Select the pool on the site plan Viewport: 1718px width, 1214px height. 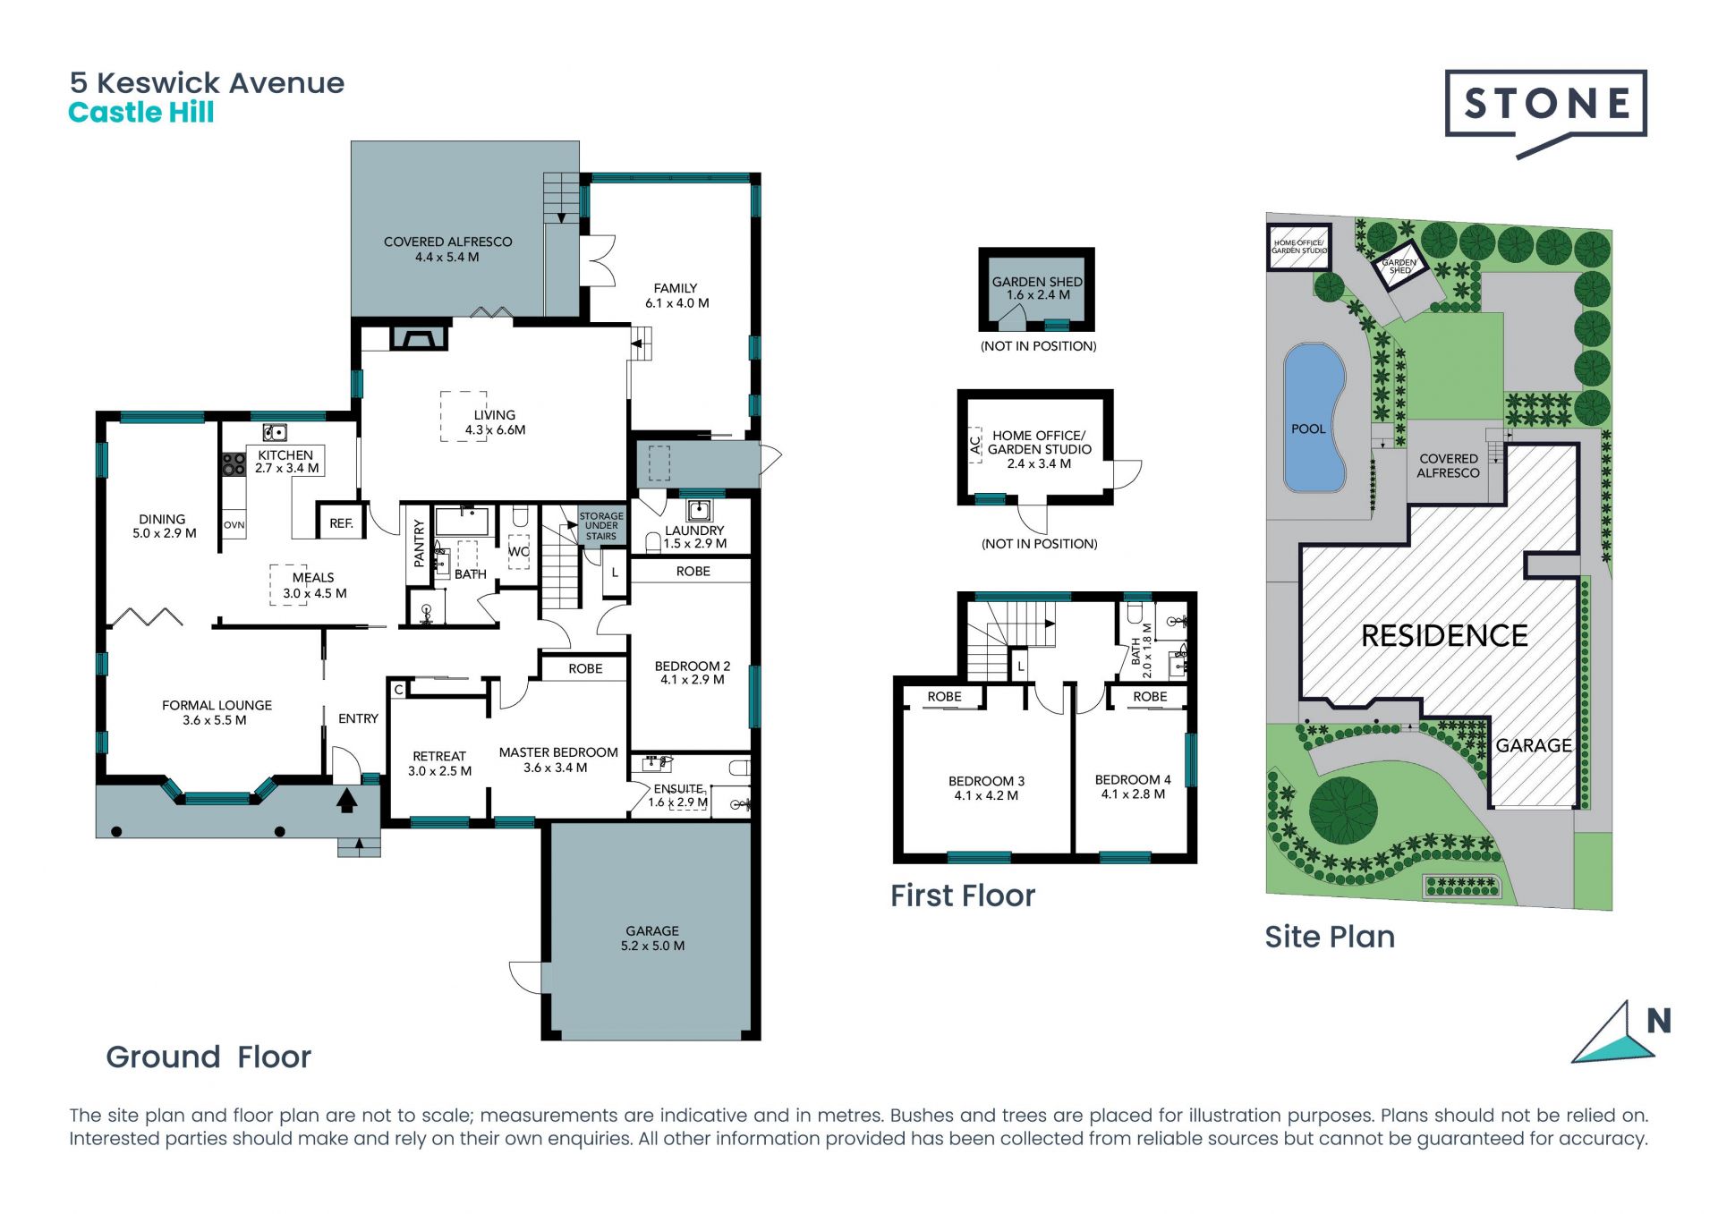1314,418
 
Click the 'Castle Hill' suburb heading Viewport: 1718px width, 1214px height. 141,113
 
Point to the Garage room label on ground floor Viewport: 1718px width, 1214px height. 652,930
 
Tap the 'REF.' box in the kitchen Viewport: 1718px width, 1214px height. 341,522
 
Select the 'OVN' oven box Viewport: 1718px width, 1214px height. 234,525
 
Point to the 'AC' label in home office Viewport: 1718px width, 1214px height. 975,445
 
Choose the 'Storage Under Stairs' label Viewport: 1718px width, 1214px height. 601,526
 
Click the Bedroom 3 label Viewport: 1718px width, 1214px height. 986,781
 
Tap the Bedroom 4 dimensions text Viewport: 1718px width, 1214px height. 1133,794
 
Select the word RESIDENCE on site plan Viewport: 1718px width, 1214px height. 1444,636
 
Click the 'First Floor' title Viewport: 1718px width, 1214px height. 963,896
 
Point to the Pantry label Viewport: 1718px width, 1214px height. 419,544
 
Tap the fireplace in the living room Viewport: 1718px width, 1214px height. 418,337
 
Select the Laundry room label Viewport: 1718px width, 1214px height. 694,531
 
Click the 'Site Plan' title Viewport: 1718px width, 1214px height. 1330,937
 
